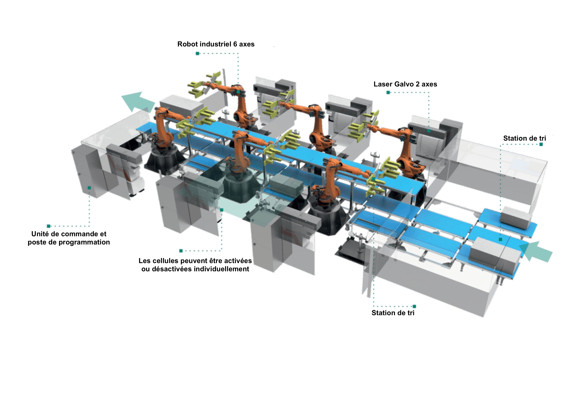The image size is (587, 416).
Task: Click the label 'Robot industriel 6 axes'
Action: [216, 44]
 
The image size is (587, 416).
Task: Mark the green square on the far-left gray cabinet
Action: [89, 188]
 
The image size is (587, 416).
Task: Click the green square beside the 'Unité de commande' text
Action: [49, 226]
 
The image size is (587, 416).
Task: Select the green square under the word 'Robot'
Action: [197, 53]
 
